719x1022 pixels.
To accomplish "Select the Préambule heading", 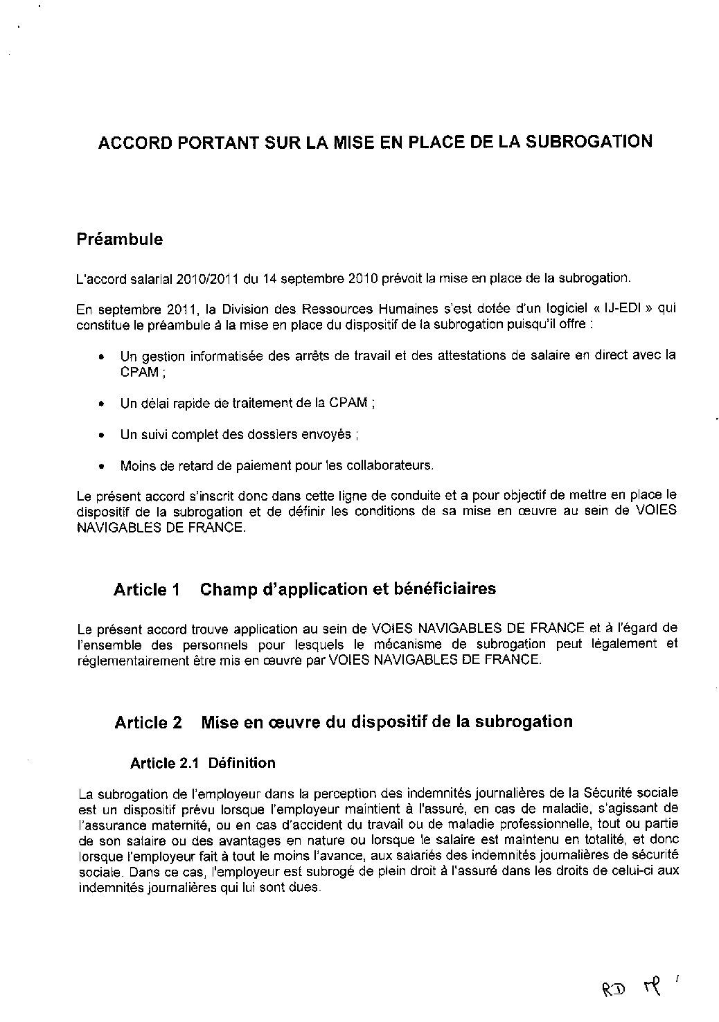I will (x=120, y=240).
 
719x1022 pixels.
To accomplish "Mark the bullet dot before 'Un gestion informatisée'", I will (x=102, y=358).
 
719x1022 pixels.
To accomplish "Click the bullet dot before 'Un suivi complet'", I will (x=102, y=436).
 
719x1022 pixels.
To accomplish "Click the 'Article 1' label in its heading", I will (x=147, y=590).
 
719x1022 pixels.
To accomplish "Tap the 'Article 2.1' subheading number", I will (x=165, y=763).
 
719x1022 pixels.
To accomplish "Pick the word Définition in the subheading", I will (x=242, y=763).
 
